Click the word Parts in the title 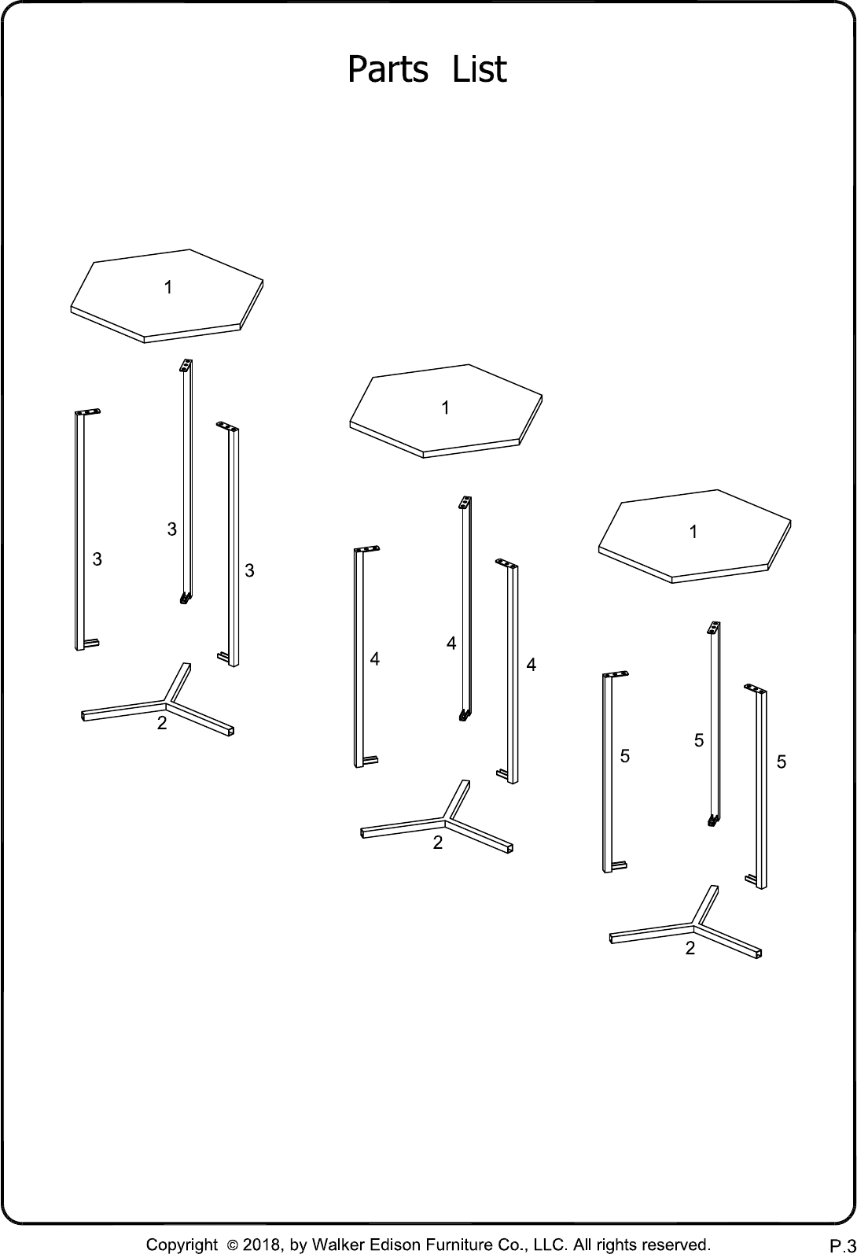click(x=388, y=69)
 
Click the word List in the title click(x=480, y=69)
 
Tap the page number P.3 click(x=843, y=1245)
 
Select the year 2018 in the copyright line click(x=261, y=1245)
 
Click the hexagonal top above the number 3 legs click(x=167, y=296)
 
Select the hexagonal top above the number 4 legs click(x=446, y=411)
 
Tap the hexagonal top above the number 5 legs click(x=694, y=537)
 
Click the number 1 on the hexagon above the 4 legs click(x=445, y=408)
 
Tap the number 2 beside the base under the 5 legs click(x=690, y=948)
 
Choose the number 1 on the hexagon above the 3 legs click(x=167, y=287)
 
